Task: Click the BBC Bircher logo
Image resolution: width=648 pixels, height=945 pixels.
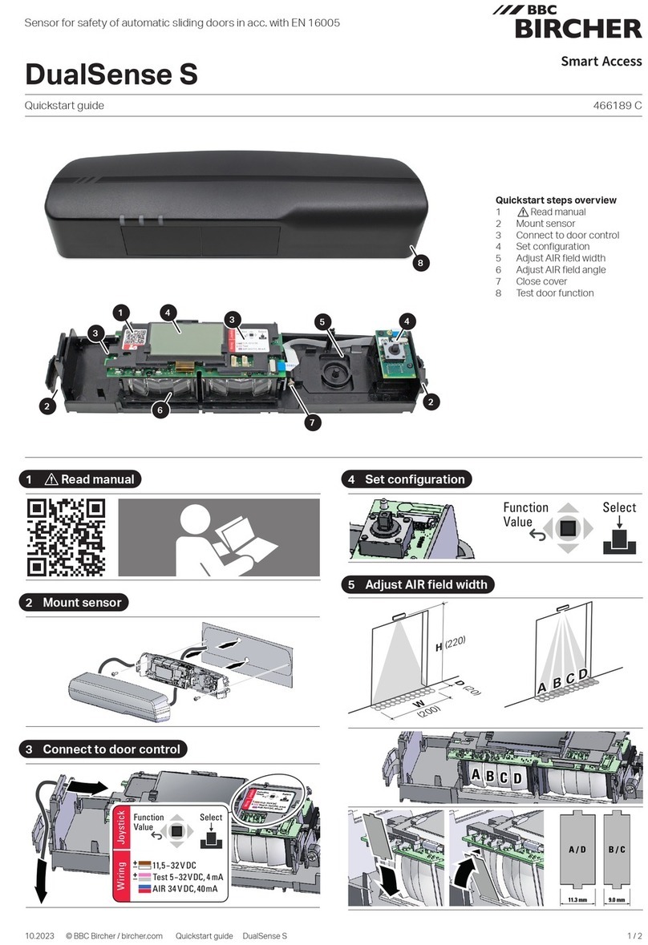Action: tap(577, 22)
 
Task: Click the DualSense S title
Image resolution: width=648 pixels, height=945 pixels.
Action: tap(111, 75)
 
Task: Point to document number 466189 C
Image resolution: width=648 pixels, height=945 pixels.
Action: tap(615, 105)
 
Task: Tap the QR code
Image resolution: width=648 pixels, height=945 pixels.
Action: tap(67, 537)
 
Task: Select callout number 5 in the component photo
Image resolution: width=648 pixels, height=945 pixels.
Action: tap(322, 321)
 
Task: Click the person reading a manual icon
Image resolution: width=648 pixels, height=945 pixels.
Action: tap(218, 537)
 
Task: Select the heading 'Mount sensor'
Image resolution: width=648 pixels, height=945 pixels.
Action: tap(82, 602)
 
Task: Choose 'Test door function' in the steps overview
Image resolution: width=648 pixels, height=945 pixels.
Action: tap(554, 293)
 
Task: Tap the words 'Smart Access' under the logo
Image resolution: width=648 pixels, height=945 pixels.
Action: tap(601, 61)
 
